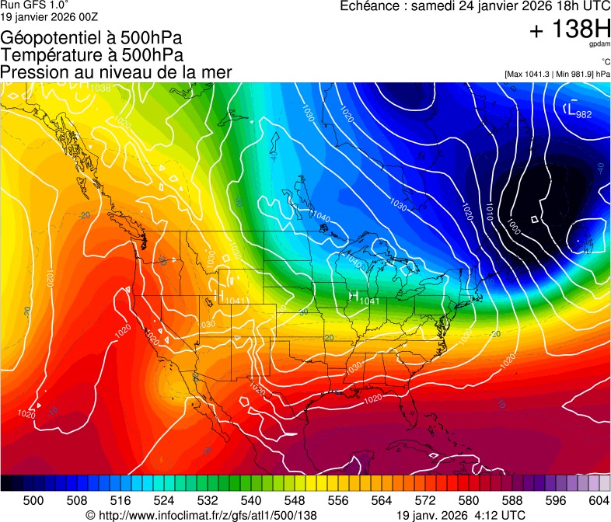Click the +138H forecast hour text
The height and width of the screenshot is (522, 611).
coord(569,30)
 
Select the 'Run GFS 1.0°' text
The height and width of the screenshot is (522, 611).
coord(36,5)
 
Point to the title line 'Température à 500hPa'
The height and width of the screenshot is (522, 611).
coord(92,54)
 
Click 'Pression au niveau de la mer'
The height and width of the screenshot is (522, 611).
coord(116,72)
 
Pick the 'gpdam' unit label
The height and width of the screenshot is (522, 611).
coord(600,45)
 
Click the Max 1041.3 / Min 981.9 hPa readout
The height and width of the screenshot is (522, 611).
coord(557,74)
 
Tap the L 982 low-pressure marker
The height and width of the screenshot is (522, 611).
coord(578,112)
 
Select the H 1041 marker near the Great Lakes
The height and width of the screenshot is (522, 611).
coord(364,298)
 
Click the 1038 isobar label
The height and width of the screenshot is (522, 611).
coord(100,88)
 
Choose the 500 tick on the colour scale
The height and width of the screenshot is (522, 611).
coord(33,501)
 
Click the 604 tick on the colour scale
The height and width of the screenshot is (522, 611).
coord(599,501)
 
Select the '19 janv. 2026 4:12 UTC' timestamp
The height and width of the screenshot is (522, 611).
coord(460,515)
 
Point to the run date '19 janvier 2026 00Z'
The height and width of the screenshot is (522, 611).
coord(49,16)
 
